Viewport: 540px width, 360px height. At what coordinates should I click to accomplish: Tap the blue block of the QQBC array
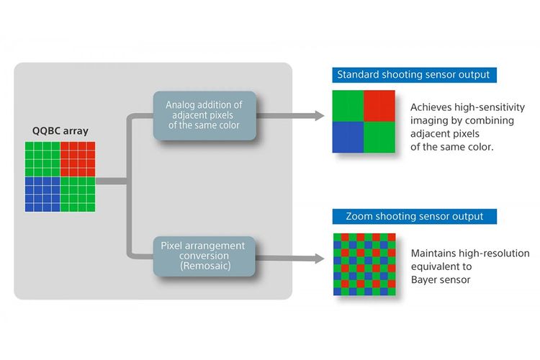[x=42, y=194]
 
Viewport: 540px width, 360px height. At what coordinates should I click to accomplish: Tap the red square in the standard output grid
[x=379, y=106]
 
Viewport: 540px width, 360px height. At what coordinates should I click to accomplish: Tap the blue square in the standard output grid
[x=348, y=137]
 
